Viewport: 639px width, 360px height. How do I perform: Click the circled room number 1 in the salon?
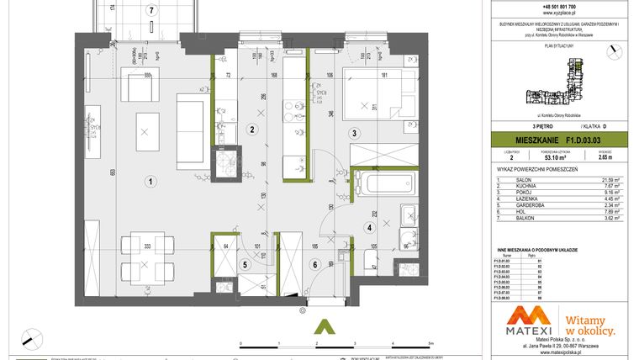[149, 180]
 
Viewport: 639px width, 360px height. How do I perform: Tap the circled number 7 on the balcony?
[151, 11]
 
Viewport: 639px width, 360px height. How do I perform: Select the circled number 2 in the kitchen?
[251, 130]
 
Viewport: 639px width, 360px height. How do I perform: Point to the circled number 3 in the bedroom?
[355, 133]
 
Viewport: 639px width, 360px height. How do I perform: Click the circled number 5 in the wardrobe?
[245, 264]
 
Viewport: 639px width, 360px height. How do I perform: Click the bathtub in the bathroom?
[382, 183]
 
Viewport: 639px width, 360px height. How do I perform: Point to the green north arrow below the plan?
[319, 325]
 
